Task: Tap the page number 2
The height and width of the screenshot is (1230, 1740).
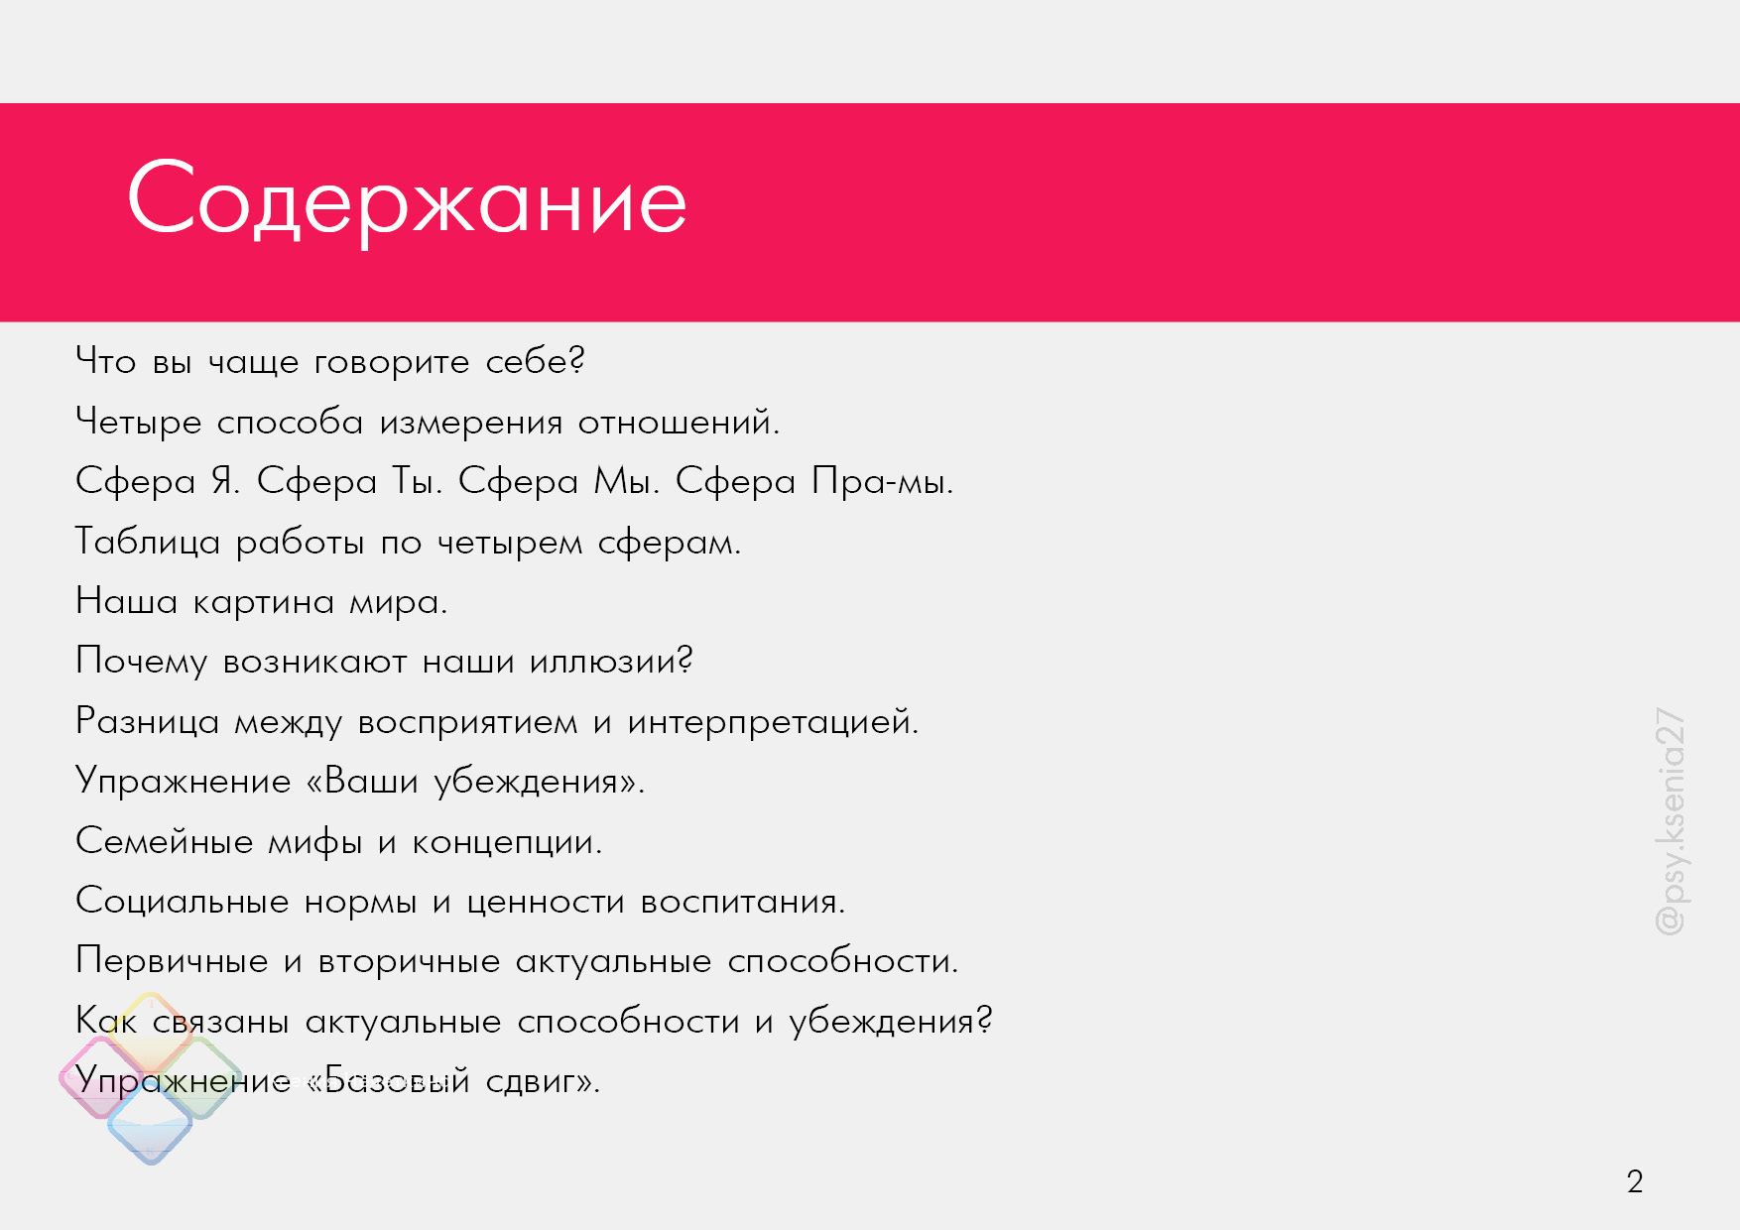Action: pyautogui.click(x=1635, y=1181)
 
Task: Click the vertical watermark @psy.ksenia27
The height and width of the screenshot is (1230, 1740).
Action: pyautogui.click(x=1671, y=821)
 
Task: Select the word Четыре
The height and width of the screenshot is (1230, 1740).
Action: pyautogui.click(x=139, y=423)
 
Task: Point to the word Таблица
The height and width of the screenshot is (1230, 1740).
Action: pyautogui.click(x=148, y=542)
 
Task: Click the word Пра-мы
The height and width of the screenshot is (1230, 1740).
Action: pyautogui.click(x=882, y=481)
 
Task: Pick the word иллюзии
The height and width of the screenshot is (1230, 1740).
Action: pyautogui.click(x=611, y=662)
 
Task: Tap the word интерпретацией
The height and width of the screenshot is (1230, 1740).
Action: pyautogui.click(x=773, y=722)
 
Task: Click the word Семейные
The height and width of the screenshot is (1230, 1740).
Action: pyautogui.click(x=165, y=841)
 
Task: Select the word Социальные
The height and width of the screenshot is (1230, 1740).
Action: pyautogui.click(x=183, y=902)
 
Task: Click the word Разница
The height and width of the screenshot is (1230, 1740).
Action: pyautogui.click(x=148, y=721)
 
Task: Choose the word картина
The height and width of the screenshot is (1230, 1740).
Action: pyautogui.click(x=263, y=603)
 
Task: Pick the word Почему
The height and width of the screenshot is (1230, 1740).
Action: pyautogui.click(x=142, y=662)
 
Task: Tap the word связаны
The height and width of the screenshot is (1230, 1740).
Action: pyautogui.click(x=220, y=1022)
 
